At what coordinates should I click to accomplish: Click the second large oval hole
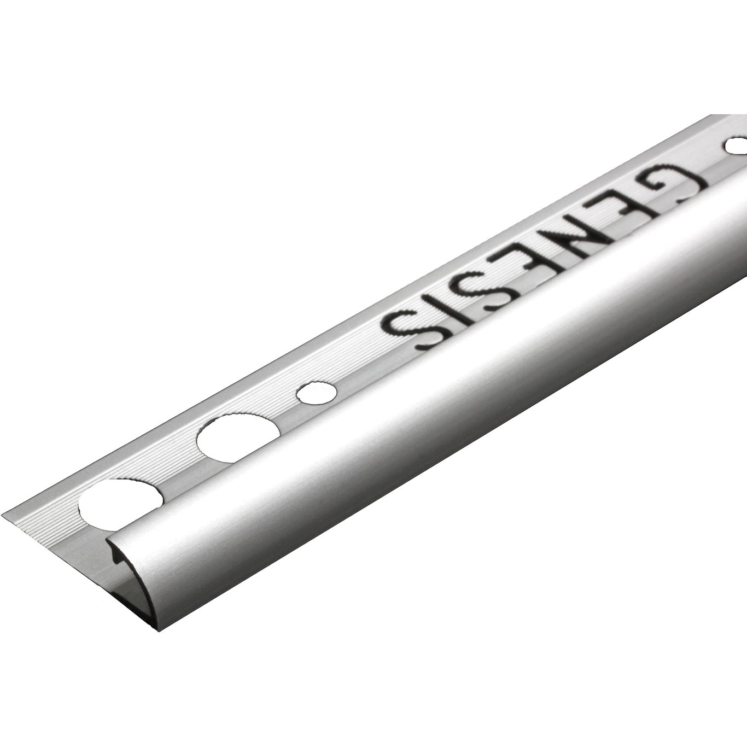point(232,434)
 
